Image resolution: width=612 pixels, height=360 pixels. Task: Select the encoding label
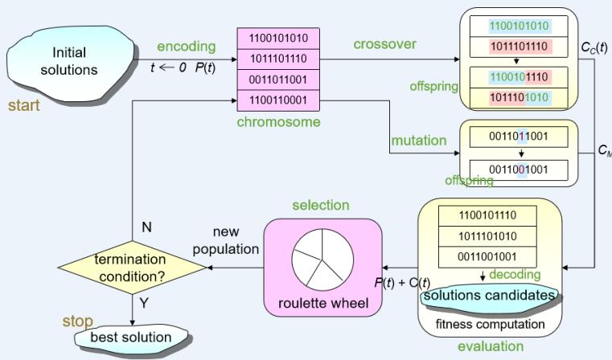[x=185, y=46]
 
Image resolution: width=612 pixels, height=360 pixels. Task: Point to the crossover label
[x=384, y=44]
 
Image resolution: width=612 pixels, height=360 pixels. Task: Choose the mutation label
[x=418, y=141]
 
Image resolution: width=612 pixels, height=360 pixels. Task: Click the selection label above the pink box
[x=322, y=206]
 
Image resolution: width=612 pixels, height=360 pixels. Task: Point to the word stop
[x=77, y=321]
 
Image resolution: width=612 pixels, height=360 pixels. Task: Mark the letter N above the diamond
[x=146, y=227]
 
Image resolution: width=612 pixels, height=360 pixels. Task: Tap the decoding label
[x=515, y=275]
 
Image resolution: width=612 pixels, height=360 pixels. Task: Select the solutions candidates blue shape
[x=489, y=297]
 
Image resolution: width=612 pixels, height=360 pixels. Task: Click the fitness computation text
[x=489, y=324]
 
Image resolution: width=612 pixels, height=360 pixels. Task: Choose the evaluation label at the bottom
[x=490, y=347]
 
